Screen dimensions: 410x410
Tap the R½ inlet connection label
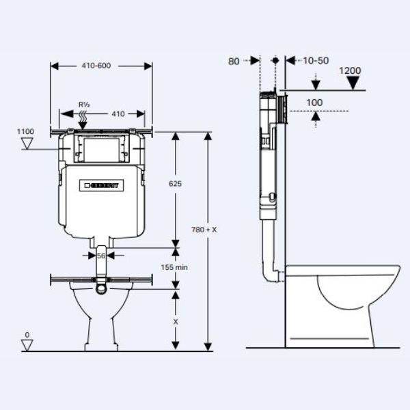(x=84, y=104)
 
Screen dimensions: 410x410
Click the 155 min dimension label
(x=174, y=267)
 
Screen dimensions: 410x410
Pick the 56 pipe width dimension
(x=100, y=255)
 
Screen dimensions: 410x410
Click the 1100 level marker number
(x=26, y=131)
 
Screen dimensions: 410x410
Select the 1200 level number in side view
(x=349, y=70)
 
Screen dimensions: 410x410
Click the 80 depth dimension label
(x=234, y=61)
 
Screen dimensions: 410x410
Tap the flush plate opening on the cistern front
(x=101, y=149)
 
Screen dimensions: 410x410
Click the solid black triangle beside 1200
(x=353, y=83)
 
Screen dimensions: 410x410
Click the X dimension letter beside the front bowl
(x=175, y=320)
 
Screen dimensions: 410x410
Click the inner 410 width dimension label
(x=118, y=113)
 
